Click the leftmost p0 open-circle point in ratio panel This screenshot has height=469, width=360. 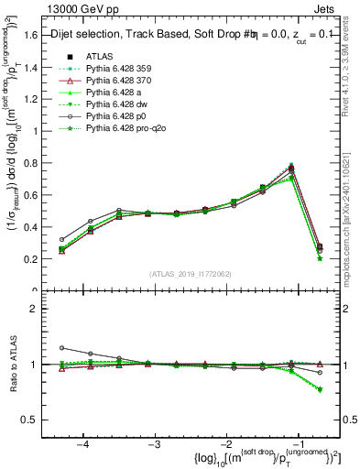click(61, 348)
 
